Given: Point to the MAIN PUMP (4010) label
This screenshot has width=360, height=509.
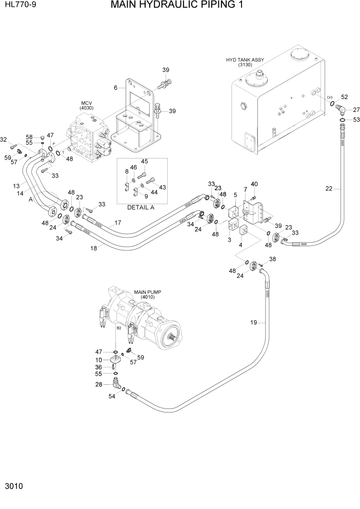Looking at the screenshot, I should [x=147, y=295].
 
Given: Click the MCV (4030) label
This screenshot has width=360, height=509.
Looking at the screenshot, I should [x=85, y=106].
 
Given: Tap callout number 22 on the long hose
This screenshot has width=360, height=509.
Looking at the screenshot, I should [x=329, y=189].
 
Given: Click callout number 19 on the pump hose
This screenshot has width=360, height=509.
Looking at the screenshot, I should [x=253, y=323].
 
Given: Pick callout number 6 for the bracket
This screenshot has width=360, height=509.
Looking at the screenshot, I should [x=116, y=87].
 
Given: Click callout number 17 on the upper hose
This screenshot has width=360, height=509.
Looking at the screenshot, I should [x=117, y=223].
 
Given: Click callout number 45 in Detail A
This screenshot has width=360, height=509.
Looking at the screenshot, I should [x=144, y=162].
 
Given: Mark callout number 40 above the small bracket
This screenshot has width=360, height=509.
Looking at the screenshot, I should [x=254, y=184].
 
